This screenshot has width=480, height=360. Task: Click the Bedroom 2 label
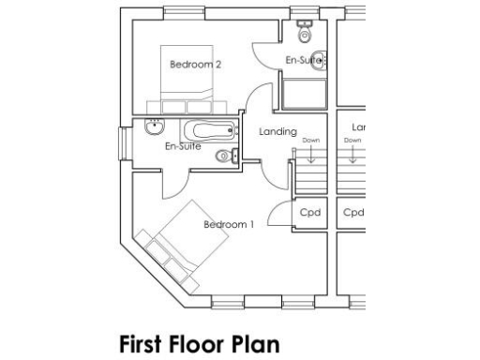195,65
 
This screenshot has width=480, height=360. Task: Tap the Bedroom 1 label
229,224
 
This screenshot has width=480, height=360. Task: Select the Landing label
277,132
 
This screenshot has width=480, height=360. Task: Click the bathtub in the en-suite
207,131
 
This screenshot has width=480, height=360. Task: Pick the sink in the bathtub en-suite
153,129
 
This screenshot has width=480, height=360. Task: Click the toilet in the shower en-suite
304,34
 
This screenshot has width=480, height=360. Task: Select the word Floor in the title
200,344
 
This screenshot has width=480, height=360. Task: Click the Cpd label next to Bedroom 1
310,213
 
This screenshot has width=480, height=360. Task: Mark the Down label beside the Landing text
311,141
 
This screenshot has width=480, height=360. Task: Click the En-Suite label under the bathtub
183,147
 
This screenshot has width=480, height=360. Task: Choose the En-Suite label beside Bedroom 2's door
303,61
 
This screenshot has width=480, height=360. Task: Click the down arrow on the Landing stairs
311,156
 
